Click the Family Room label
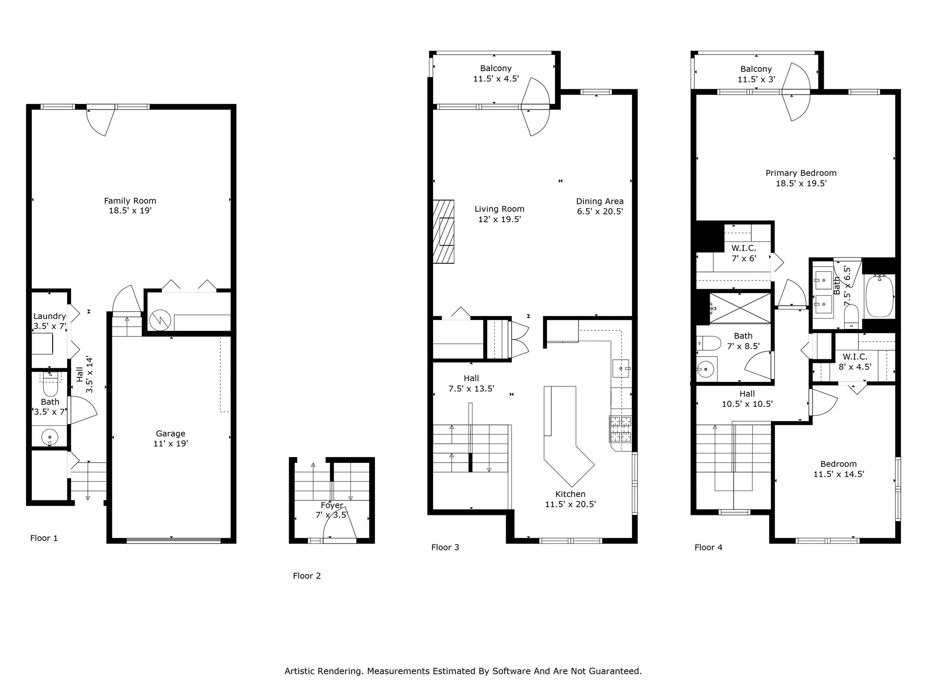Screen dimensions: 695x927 (x=130, y=200)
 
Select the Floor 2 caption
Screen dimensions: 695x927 (x=306, y=576)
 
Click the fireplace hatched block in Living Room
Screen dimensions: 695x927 (x=443, y=231)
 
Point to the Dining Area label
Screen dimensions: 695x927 (x=599, y=201)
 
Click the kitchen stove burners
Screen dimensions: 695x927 (x=621, y=428)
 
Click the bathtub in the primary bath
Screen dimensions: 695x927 (x=879, y=296)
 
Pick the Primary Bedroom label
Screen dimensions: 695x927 (x=801, y=173)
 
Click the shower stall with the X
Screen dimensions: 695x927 (x=740, y=308)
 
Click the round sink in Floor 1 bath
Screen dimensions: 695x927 (x=49, y=437)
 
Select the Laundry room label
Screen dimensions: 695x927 (x=49, y=316)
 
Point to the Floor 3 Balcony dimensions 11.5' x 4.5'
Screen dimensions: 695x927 (x=496, y=79)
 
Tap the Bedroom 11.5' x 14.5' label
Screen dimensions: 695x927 (x=838, y=469)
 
